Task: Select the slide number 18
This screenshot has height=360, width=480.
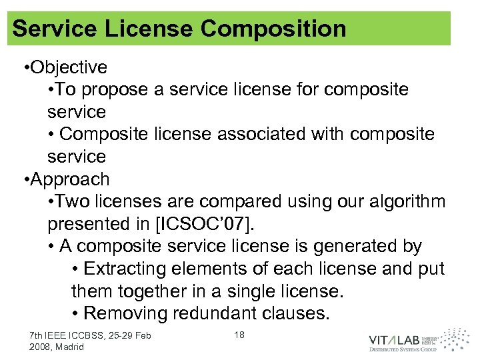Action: click(239, 335)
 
